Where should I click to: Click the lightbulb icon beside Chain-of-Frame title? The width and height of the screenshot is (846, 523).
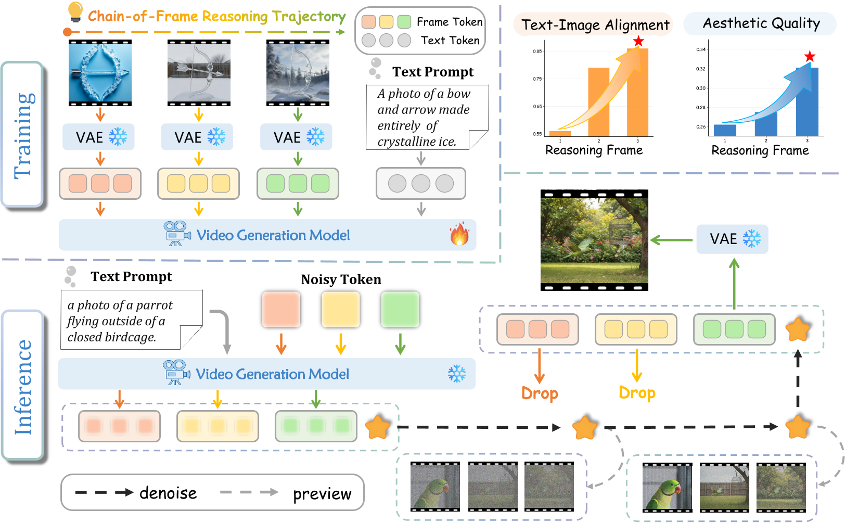pos(75,12)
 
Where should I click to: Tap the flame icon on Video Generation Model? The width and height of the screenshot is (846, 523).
pos(459,234)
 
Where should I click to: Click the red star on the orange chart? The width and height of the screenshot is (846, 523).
pos(638,41)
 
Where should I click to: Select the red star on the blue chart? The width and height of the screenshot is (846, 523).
pos(809,56)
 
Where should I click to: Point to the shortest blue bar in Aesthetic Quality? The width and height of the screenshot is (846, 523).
pos(725,130)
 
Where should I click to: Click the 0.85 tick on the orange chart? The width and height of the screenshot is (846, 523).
pos(537,51)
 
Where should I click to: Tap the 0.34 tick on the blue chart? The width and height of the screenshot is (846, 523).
pos(701,49)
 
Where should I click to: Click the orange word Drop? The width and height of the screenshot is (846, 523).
pos(540,393)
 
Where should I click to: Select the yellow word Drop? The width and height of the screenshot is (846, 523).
pos(637,393)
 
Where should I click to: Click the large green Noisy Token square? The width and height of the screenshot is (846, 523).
pos(400,310)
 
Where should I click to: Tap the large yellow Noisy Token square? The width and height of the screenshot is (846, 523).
pos(341,310)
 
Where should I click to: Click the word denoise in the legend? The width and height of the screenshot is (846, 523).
pos(168,493)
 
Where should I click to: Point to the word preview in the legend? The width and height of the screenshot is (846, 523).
pos(322,493)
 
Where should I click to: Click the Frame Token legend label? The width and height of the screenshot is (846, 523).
pos(450,22)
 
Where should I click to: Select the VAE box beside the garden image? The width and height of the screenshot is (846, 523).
pos(732,239)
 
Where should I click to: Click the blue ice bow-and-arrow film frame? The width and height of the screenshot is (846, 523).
pos(100,73)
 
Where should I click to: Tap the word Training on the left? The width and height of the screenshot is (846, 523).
pos(24,135)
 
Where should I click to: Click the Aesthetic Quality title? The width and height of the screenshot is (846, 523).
pos(761,23)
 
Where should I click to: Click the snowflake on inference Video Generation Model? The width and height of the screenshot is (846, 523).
pos(457,374)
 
